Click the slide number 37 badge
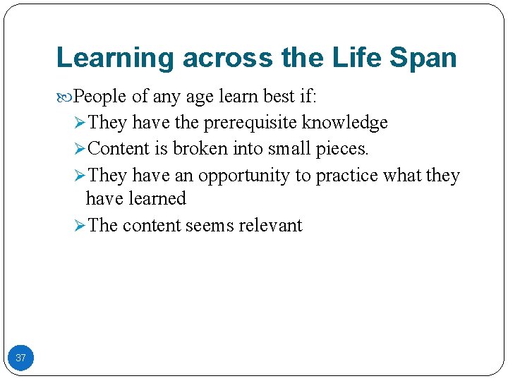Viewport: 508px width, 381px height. pos(20,358)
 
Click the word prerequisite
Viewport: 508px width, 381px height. pos(250,123)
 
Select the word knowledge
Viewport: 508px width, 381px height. pos(345,123)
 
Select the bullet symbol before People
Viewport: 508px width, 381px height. pos(67,97)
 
